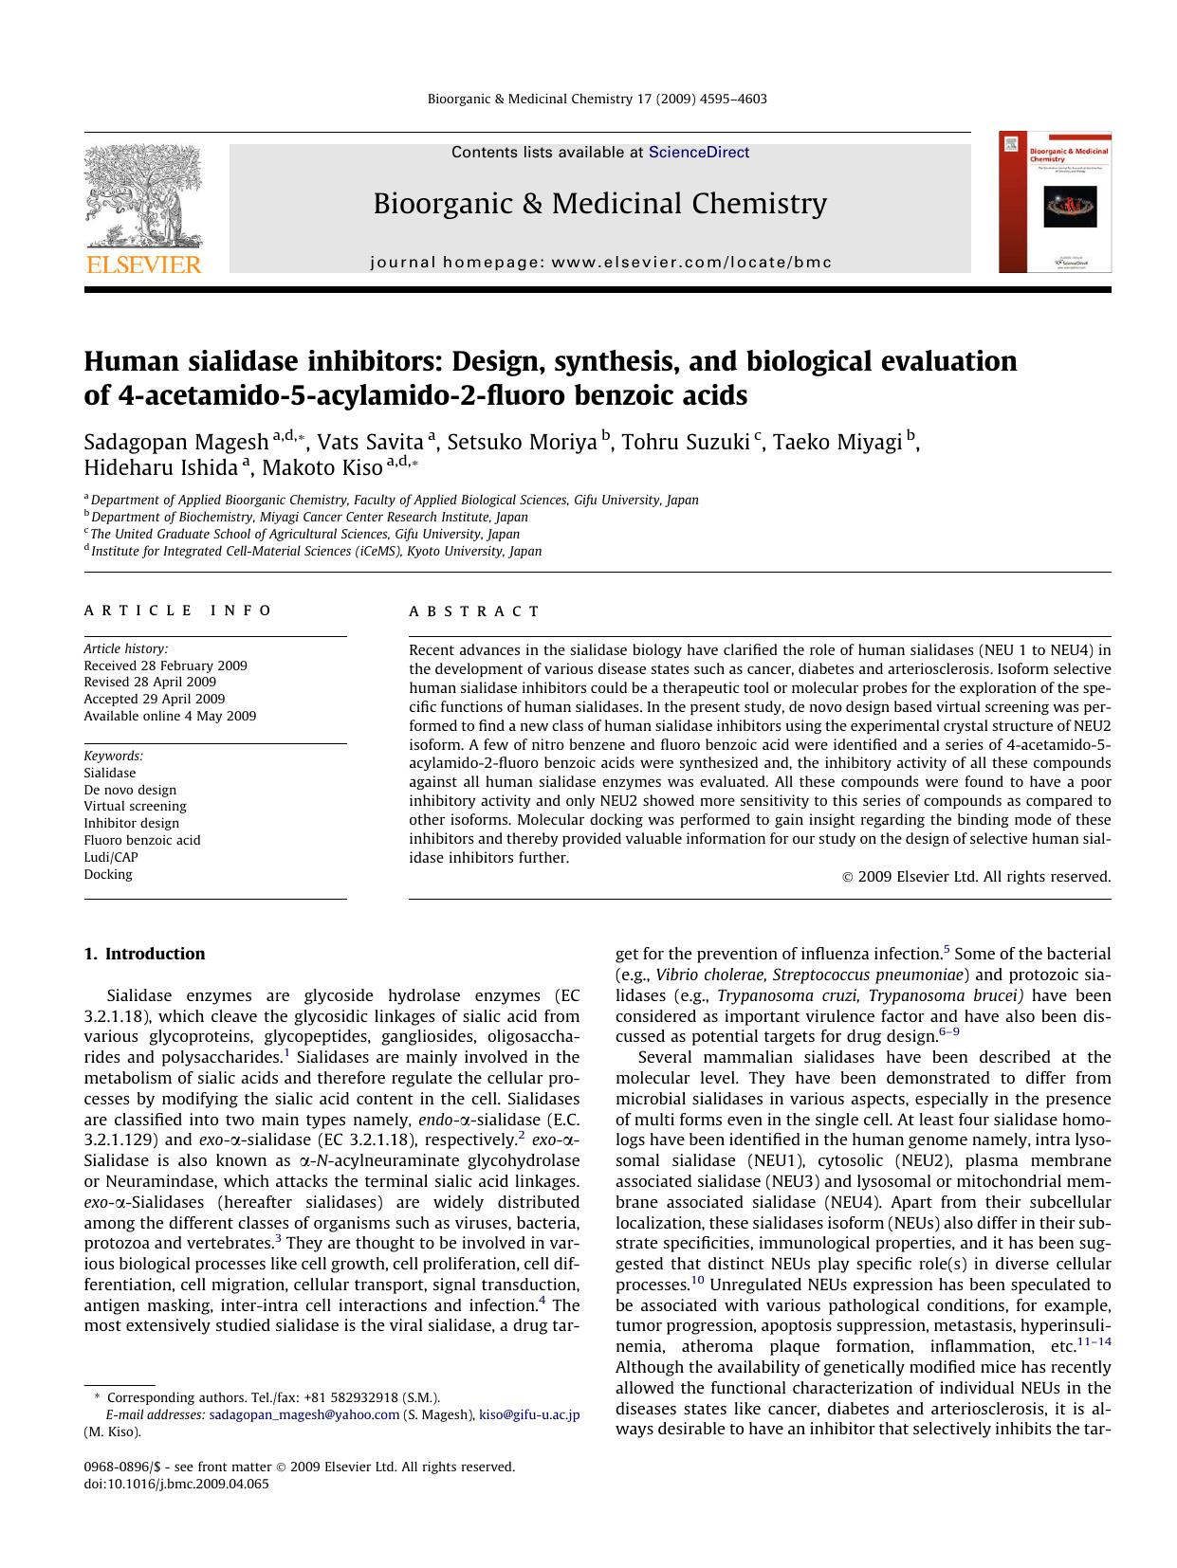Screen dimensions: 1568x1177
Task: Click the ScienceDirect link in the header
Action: click(x=699, y=153)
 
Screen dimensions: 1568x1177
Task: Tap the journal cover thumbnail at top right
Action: click(x=1055, y=203)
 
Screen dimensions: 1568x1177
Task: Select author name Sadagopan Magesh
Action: click(x=175, y=443)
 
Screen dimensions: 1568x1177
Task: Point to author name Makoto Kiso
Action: click(x=322, y=468)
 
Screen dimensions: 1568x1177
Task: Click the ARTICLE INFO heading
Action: click(x=178, y=611)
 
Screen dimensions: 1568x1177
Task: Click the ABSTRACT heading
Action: click(x=474, y=611)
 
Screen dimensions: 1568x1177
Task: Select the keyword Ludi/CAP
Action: click(x=111, y=857)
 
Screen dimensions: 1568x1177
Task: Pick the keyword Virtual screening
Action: click(x=135, y=806)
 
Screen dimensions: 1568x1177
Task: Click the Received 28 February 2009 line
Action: click(x=165, y=665)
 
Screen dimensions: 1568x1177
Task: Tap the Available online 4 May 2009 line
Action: click(x=170, y=716)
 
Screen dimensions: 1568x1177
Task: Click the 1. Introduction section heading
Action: click(x=144, y=954)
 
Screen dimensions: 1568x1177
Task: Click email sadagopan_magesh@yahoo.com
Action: click(x=304, y=1414)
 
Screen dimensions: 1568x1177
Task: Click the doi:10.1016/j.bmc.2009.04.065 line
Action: click(x=176, y=1484)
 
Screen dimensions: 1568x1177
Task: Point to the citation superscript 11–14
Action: click(x=1094, y=1341)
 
